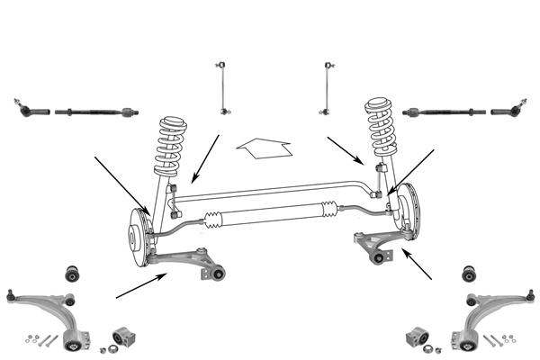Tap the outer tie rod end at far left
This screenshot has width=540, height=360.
click(32, 111)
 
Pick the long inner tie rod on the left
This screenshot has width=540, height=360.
click(94, 112)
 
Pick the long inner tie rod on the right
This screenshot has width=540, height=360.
click(445, 112)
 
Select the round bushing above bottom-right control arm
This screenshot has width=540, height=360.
click(467, 273)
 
